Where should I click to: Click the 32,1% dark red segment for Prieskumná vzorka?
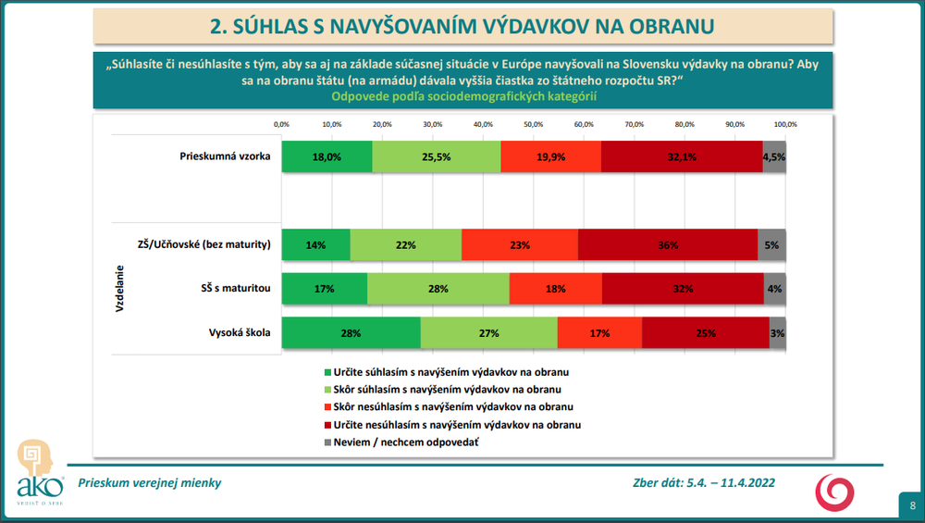[681, 156]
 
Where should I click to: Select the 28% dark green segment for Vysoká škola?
[351, 332]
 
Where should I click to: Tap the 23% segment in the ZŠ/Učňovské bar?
[520, 244]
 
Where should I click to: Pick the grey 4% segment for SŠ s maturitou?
[774, 289]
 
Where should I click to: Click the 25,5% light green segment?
[436, 156]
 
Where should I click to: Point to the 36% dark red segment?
[668, 244]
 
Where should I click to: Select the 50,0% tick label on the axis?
[534, 124]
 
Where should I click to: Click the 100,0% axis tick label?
[785, 124]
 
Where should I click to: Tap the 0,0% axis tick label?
[282, 124]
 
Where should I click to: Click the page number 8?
[912, 505]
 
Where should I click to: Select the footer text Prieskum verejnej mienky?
[150, 482]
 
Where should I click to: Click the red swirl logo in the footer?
[833, 492]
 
